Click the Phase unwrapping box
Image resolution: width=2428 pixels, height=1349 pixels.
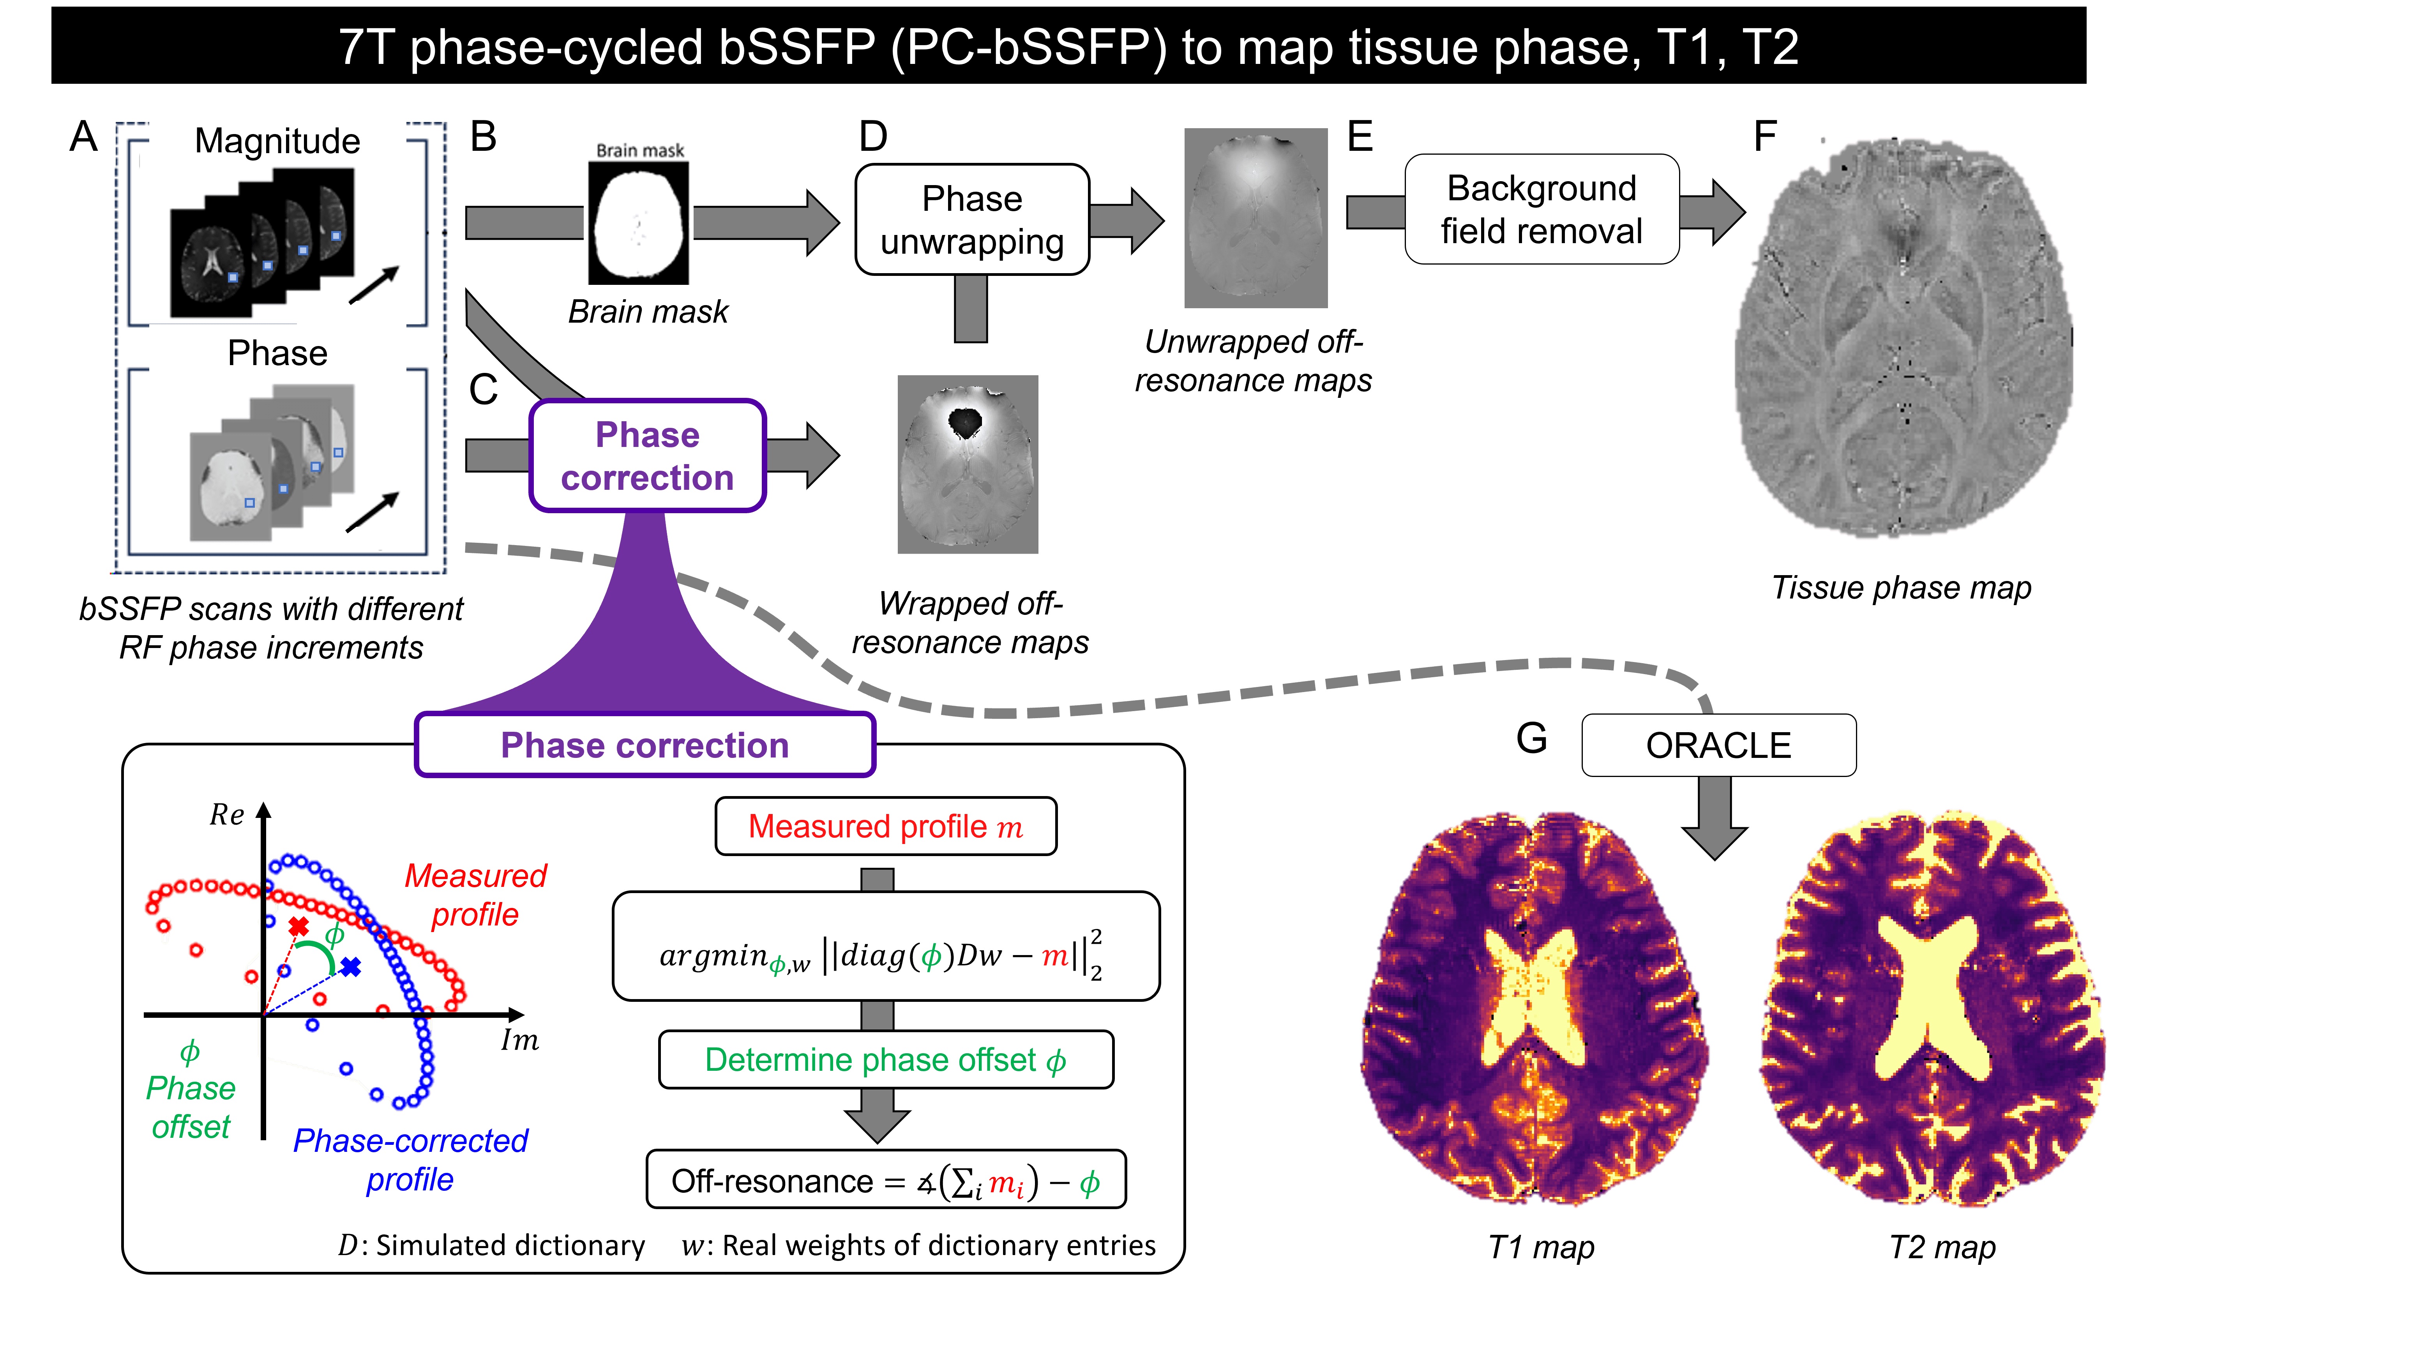(972, 220)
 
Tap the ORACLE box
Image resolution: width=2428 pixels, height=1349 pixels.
(1718, 745)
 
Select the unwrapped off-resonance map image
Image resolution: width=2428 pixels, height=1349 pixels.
(1255, 218)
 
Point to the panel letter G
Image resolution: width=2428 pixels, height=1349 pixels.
(1532, 738)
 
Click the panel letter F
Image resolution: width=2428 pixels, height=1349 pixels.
(1764, 137)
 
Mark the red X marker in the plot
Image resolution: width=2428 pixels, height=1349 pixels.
(299, 927)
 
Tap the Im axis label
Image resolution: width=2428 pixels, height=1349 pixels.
(519, 1041)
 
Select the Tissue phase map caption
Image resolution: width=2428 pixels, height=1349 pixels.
(1901, 587)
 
